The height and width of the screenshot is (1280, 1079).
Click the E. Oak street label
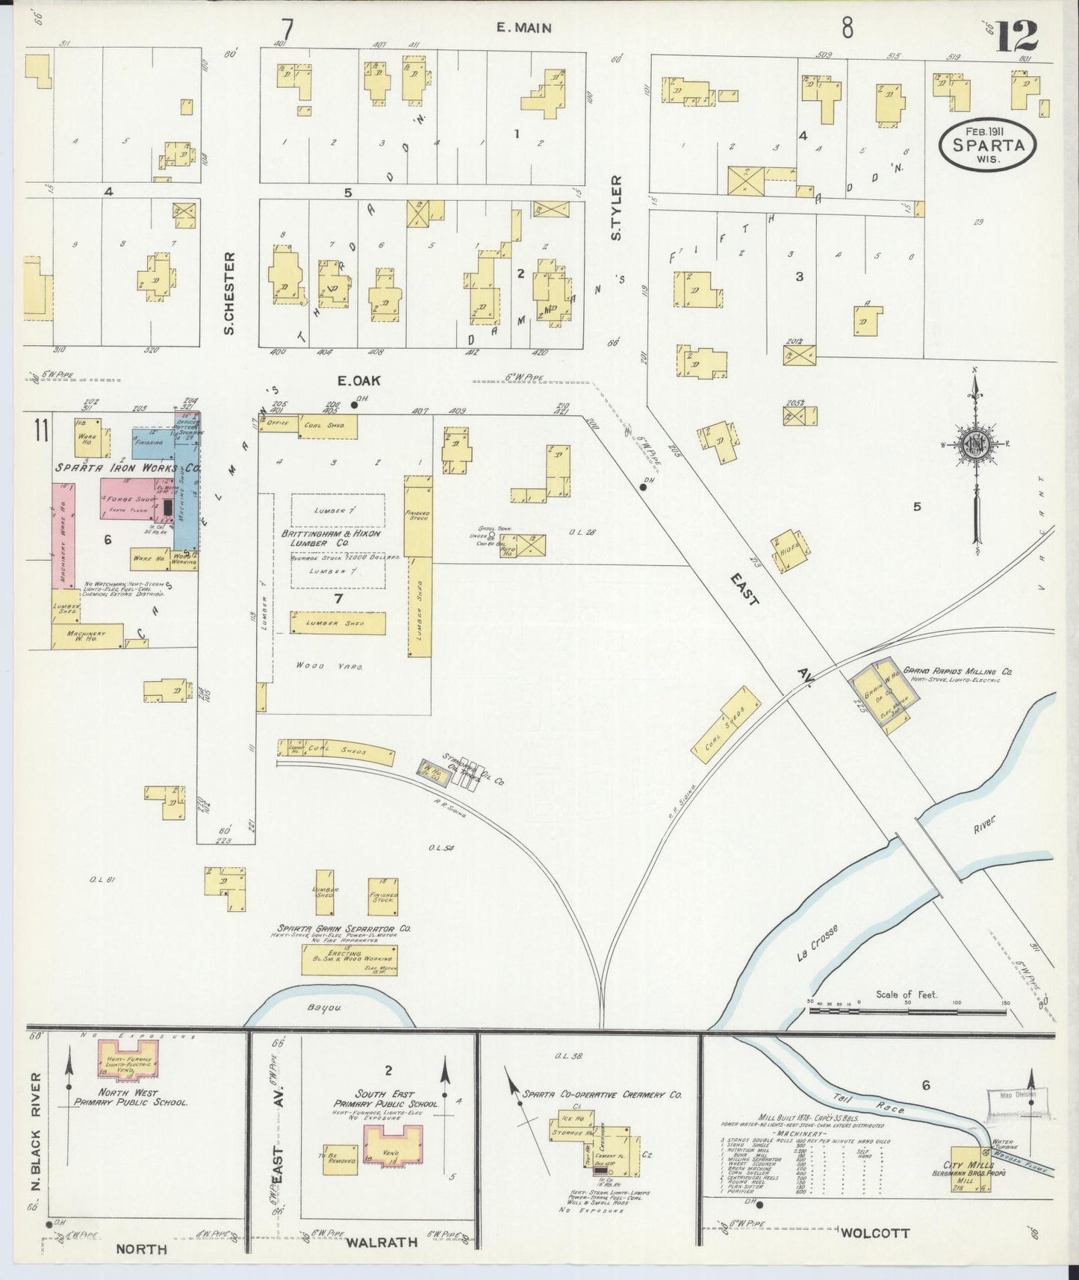360,380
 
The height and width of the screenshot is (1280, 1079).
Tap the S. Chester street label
229,292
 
